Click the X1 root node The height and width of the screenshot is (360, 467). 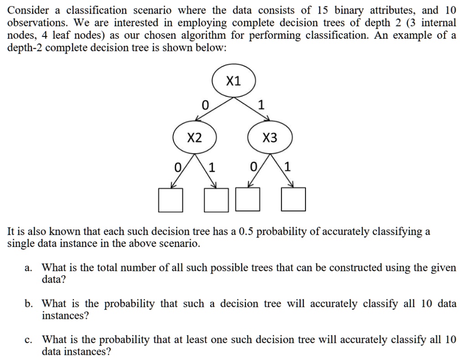[x=233, y=82]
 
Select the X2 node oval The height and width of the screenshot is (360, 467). [x=195, y=138]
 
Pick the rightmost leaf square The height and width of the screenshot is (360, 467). [x=293, y=200]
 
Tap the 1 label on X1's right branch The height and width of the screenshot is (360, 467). [x=261, y=105]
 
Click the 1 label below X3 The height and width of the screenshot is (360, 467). [x=287, y=167]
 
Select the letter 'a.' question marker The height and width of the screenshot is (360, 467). [x=28, y=268]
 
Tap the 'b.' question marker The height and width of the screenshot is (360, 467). [x=29, y=303]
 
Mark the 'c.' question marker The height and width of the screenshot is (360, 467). [x=28, y=340]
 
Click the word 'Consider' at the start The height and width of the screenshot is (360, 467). [x=28, y=10]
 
